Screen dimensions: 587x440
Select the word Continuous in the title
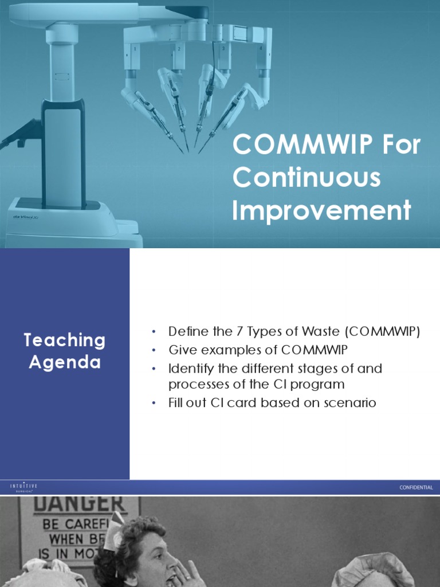click(x=307, y=178)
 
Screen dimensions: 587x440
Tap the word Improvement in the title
click(x=321, y=210)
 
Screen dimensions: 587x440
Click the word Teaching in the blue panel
click(x=65, y=340)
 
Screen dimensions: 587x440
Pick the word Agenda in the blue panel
click(x=65, y=362)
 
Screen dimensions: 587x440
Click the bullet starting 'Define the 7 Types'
click(x=294, y=332)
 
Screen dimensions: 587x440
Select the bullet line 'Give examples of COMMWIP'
click(x=258, y=350)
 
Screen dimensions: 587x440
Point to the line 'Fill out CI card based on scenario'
click(x=272, y=403)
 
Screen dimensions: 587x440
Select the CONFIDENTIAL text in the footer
click(x=416, y=488)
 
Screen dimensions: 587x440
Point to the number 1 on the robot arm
click(x=135, y=49)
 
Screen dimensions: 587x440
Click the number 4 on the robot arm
click(x=261, y=49)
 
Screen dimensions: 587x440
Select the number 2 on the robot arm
click(x=179, y=49)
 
